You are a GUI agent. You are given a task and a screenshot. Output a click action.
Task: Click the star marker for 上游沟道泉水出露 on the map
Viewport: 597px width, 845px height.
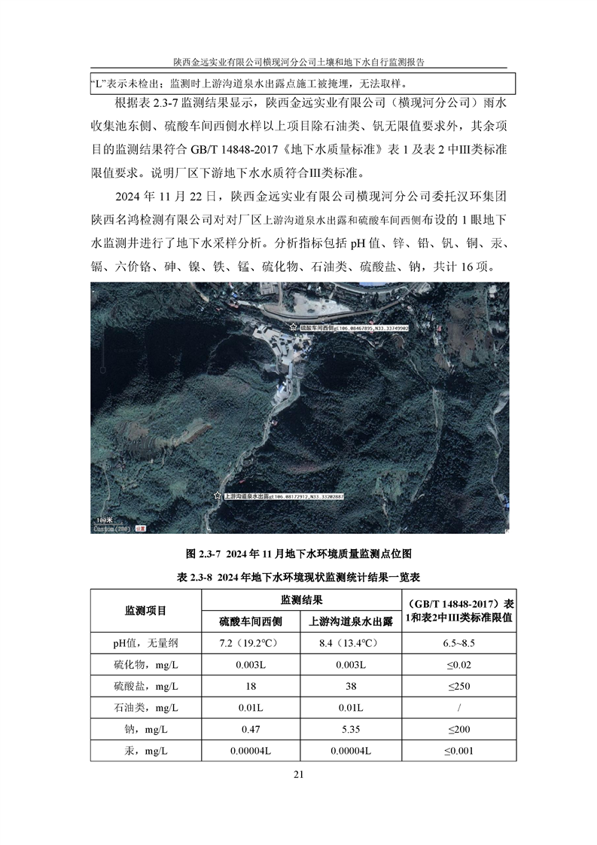coord(218,496)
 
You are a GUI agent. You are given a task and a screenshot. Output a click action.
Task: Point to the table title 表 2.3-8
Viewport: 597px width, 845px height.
coord(298,577)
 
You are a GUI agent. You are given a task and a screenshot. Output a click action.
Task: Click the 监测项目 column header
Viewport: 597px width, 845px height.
coord(145,610)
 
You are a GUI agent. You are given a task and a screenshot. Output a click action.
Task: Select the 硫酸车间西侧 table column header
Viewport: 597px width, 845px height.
coord(250,621)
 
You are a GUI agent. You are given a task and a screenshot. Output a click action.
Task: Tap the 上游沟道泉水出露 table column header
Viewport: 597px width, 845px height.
coord(351,621)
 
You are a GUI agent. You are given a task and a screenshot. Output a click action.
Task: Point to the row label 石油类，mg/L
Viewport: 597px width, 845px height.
coord(146,708)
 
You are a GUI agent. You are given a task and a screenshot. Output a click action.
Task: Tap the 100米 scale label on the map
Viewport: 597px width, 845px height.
coord(103,519)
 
